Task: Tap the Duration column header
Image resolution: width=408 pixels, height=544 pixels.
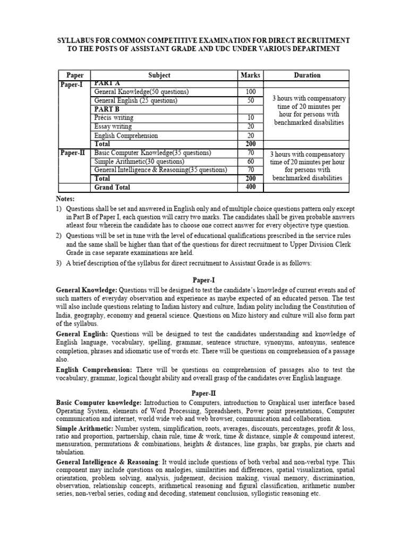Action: point(307,75)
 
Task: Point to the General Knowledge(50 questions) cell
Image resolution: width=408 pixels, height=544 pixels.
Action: point(141,92)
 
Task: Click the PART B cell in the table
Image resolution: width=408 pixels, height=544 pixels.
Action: point(107,109)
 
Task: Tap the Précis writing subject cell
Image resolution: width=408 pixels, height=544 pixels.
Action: point(114,117)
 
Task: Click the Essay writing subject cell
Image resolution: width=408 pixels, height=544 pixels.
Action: point(114,126)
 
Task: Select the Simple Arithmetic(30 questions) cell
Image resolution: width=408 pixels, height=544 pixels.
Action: point(139,161)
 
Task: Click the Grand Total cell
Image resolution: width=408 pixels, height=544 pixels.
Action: point(112,188)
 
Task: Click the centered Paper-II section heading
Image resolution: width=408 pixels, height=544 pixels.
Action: point(204,392)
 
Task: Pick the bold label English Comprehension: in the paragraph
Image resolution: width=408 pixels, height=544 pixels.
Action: point(95,369)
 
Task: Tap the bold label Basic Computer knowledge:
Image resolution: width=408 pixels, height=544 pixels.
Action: point(98,403)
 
